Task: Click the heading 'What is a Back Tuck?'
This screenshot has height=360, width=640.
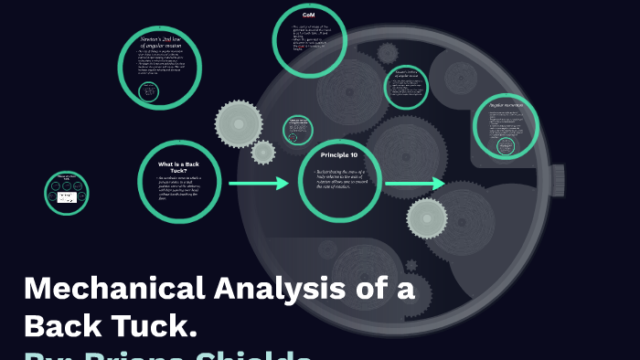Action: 178,166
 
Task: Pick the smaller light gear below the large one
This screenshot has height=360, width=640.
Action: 263,152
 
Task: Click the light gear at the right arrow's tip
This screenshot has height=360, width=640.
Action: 426,217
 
